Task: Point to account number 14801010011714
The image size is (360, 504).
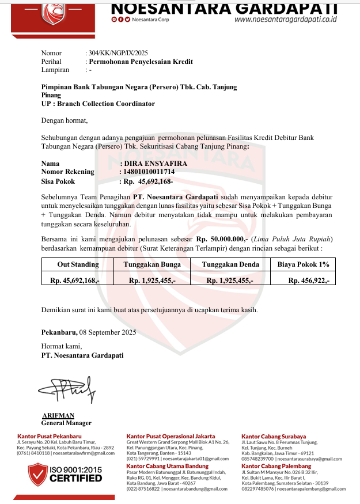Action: (149, 172)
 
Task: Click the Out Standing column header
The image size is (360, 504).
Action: (78, 264)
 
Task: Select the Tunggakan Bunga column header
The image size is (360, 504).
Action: (152, 264)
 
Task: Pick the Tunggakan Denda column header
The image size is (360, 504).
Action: (229, 264)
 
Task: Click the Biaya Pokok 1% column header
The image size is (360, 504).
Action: (304, 264)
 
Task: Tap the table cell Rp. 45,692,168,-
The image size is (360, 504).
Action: (75, 281)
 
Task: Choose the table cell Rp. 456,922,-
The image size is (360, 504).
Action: (309, 281)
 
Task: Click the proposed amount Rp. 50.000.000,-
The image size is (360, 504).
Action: (222, 238)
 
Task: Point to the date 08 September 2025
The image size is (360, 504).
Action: (108, 332)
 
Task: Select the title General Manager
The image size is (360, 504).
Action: (66, 423)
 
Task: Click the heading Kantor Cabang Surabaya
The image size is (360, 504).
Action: (274, 437)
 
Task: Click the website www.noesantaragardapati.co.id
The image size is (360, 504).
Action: (286, 19)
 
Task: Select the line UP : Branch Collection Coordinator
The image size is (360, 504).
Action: (98, 104)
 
